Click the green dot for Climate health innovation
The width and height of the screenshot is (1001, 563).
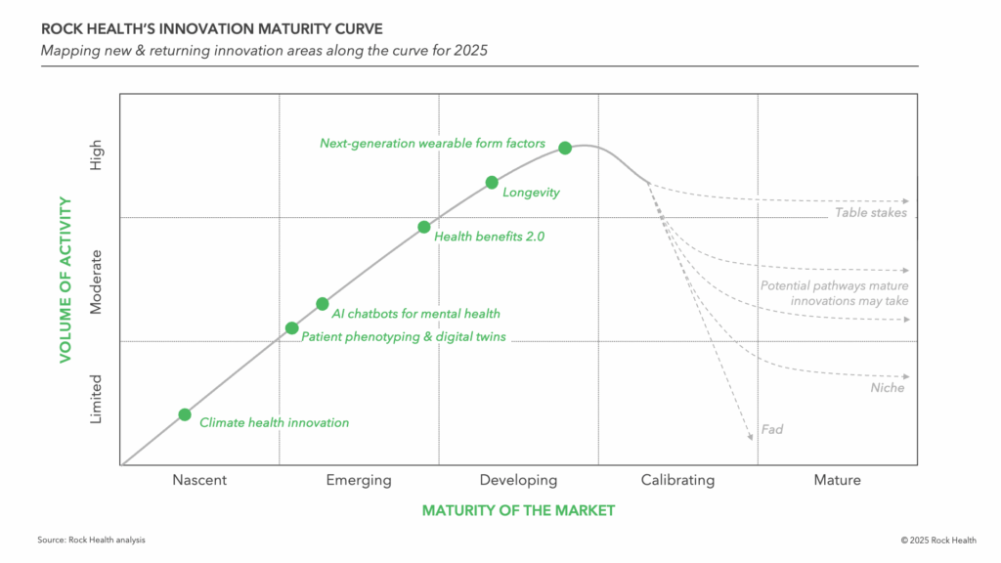(x=185, y=414)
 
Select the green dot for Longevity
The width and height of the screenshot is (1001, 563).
(x=492, y=182)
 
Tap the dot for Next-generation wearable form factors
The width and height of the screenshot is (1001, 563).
(x=565, y=148)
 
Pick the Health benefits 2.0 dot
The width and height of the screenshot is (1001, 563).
(x=423, y=227)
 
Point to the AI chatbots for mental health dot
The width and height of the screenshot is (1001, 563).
(x=323, y=304)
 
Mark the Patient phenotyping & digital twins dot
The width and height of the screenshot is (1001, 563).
(x=291, y=328)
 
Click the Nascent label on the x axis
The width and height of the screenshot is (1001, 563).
(x=199, y=480)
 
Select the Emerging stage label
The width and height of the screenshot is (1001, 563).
(x=359, y=480)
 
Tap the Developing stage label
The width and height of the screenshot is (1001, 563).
(x=518, y=480)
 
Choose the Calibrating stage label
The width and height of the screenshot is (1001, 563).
(x=677, y=480)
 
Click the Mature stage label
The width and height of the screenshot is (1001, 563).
(x=838, y=480)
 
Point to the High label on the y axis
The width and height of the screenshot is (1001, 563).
(x=96, y=156)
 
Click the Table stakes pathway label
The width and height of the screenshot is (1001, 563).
(x=871, y=213)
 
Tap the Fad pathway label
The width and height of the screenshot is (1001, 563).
(x=772, y=429)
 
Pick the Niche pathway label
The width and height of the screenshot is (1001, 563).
(x=888, y=388)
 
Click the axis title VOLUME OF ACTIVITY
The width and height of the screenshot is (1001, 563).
(x=65, y=279)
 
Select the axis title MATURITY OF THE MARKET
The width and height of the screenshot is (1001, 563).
(x=518, y=510)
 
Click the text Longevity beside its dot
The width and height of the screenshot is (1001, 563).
(x=531, y=193)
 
